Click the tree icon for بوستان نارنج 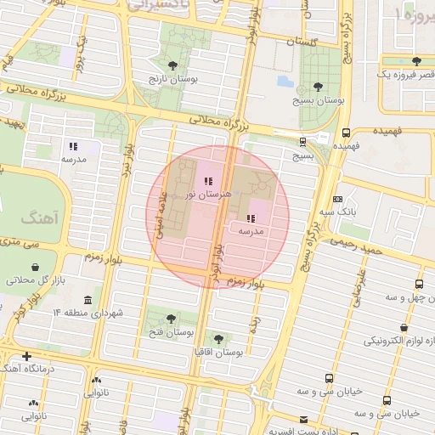click(174, 65)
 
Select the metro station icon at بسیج click(303, 142)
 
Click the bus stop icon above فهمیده click(346, 133)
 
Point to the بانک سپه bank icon click(338, 199)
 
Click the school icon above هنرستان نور click(208, 180)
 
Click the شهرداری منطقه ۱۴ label click(88, 314)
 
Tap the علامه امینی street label click(159, 210)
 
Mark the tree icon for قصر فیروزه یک click(416, 61)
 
